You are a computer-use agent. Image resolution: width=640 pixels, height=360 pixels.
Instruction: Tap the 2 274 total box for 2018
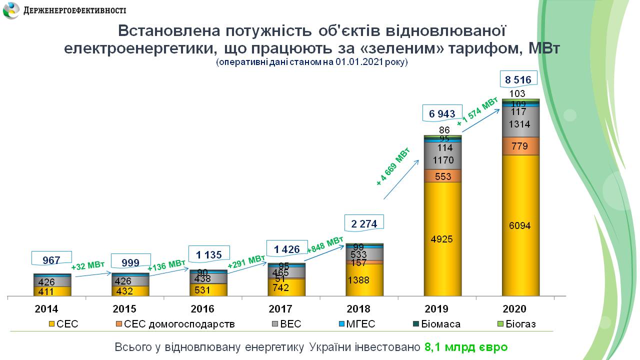point(364,223)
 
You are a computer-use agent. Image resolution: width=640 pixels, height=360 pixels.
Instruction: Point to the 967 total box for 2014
point(51,260)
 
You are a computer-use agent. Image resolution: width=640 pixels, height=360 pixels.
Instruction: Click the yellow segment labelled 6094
point(520,225)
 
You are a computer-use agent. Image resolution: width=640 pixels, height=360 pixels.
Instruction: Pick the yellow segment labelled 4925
point(442,239)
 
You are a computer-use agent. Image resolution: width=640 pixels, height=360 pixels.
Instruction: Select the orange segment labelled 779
point(520,146)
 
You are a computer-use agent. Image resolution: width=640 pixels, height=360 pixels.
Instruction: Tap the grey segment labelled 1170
point(442,160)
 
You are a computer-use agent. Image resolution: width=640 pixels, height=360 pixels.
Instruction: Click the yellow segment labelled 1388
point(364,280)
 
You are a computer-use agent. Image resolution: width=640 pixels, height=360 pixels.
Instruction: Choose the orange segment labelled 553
point(442,176)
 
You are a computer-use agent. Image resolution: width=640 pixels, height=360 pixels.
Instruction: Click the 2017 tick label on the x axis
point(280,309)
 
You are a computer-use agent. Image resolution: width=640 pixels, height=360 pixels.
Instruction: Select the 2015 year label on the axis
point(124,309)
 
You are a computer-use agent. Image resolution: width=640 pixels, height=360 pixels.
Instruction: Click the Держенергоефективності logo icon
point(12,10)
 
